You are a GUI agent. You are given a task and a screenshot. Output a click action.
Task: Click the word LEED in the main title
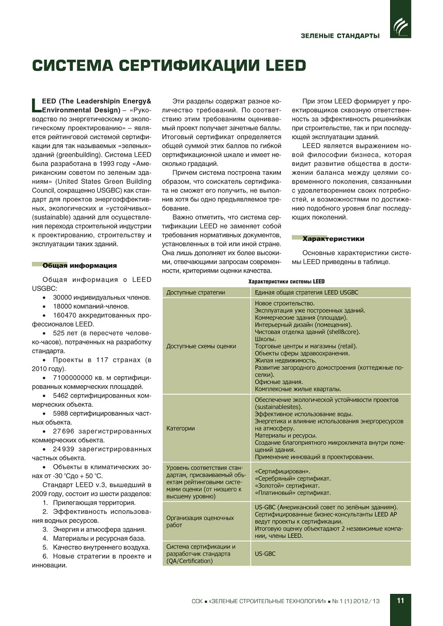tap(286, 66)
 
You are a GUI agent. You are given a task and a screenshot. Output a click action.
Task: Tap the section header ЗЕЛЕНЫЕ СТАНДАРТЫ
tap(340, 36)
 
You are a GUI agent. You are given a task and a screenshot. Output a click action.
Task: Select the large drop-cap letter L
tap(36, 106)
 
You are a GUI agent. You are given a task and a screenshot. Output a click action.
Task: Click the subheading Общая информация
tap(80, 266)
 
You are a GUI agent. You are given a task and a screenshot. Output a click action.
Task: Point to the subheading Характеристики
tap(333, 239)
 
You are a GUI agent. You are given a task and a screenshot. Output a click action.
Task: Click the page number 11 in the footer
tap(401, 601)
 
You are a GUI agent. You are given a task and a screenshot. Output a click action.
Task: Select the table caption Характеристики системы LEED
tap(286, 282)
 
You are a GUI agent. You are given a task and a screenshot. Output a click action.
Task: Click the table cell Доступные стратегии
tap(196, 292)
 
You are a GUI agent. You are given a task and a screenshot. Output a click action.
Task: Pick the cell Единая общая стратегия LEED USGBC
tap(306, 292)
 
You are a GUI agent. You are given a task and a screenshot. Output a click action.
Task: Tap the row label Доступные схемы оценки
tap(201, 346)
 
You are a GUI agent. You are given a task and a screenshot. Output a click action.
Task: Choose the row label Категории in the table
tap(180, 428)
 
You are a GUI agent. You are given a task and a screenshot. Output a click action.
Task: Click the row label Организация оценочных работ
tap(200, 521)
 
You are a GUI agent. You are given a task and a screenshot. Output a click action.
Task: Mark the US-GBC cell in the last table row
tap(265, 554)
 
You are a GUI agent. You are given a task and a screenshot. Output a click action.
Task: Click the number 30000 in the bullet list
tap(62, 297)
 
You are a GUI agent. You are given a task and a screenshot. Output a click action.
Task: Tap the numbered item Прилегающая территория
tap(94, 503)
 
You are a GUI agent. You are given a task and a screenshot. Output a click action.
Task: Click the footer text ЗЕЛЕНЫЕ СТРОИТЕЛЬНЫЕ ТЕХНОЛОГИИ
tap(268, 601)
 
